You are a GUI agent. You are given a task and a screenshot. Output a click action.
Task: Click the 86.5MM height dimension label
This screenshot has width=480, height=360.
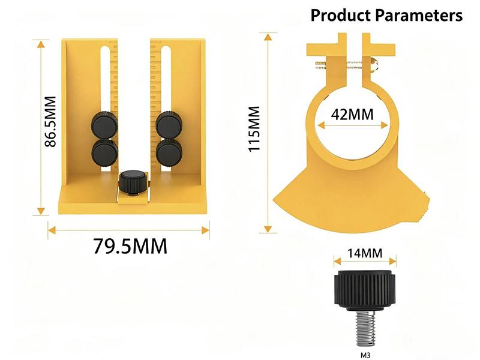50,122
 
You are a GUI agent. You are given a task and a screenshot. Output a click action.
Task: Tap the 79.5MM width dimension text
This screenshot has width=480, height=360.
130,246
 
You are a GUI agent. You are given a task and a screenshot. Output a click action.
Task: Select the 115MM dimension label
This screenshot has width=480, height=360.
254,128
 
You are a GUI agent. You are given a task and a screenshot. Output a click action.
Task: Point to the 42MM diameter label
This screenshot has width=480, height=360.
352,115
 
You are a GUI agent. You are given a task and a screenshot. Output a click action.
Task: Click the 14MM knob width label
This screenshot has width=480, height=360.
365,253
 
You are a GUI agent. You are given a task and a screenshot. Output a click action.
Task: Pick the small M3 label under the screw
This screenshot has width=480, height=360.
365,355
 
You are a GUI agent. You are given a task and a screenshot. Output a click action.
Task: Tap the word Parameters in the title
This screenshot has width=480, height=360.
419,16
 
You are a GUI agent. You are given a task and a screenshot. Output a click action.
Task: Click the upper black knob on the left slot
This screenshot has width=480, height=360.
104,125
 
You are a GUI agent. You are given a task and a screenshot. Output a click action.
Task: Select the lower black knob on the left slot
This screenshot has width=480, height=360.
104,153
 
